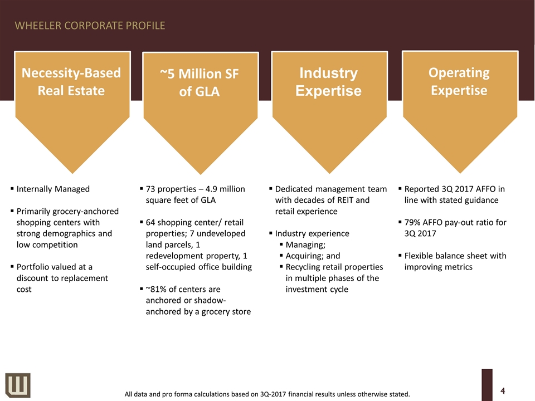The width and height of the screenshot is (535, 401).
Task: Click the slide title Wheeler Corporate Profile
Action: pyautogui.click(x=90, y=26)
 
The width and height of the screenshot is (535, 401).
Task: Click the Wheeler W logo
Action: pyautogui.click(x=18, y=385)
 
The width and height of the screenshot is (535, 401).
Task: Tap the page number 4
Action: pyautogui.click(x=503, y=390)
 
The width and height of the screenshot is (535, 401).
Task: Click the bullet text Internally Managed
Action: pyautogui.click(x=53, y=189)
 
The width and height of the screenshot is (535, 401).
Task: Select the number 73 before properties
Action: pyautogui.click(x=150, y=189)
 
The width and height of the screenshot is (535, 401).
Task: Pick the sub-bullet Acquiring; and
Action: pyautogui.click(x=313, y=256)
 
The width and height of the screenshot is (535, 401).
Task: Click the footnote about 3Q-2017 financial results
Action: pyautogui.click(x=267, y=394)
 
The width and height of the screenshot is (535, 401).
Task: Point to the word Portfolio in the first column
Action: pyautogui.click(x=32, y=267)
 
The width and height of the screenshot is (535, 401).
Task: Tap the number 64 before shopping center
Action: pyautogui.click(x=150, y=222)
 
